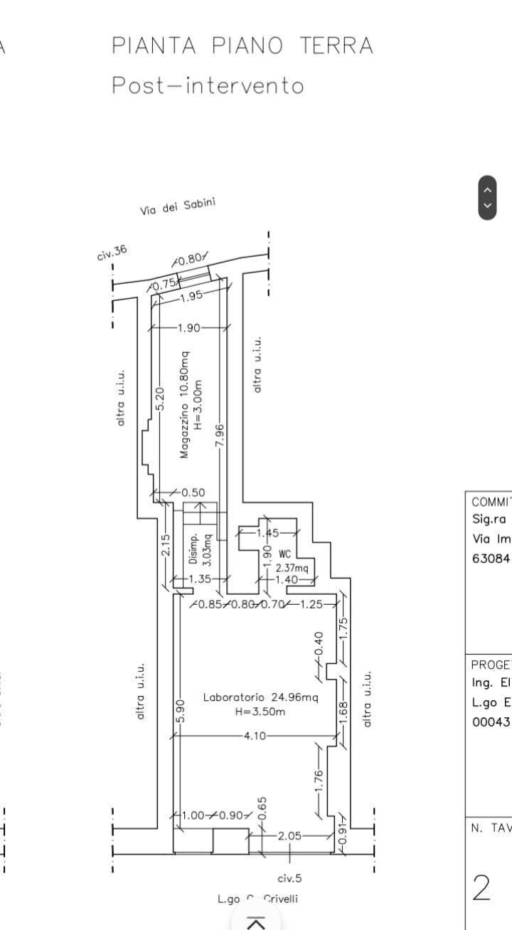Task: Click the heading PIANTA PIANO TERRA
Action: [242, 46]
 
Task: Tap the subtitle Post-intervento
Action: [208, 85]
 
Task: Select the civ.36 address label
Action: [112, 253]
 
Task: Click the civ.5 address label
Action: [289, 878]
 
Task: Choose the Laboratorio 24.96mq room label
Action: [261, 697]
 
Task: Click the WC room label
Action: [285, 553]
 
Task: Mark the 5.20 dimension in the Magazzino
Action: [161, 398]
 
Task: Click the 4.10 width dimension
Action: [255, 736]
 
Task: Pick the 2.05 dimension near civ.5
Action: [289, 836]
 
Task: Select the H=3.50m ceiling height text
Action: [261, 712]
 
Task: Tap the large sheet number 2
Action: [481, 887]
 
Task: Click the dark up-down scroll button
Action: [487, 197]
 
